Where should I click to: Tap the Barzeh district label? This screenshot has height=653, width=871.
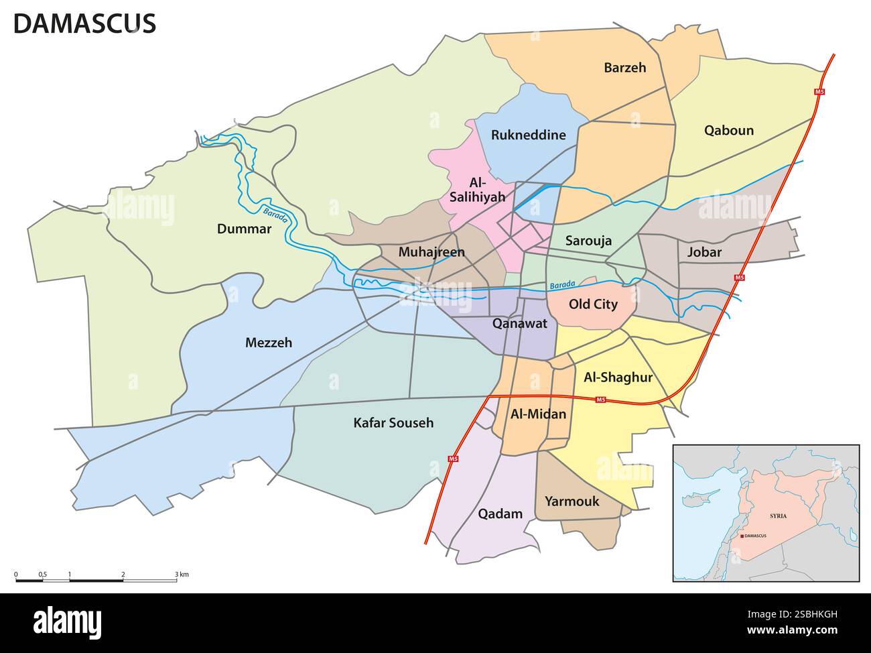pos(624,67)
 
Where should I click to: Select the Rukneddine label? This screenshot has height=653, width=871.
pos(528,135)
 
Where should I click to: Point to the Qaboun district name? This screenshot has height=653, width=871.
pos(728,130)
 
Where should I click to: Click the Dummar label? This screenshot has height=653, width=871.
pos(244,229)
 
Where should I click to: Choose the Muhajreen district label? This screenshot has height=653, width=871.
pos(431,252)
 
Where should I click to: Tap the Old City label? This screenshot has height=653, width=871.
pos(592,304)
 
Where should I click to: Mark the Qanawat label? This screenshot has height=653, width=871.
pos(519,323)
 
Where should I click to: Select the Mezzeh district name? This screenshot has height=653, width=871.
pos(268,343)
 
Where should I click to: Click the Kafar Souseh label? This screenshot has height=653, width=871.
pos(393,422)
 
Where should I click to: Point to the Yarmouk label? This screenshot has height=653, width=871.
pos(572,501)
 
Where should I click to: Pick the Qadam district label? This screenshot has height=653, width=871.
pos(500,514)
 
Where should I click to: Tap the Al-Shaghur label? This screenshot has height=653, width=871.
pos(618,377)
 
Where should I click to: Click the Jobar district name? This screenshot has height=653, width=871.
pos(704,252)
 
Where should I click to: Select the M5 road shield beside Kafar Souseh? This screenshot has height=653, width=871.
pos(454,459)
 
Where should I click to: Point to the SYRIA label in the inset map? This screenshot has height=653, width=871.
pos(778,516)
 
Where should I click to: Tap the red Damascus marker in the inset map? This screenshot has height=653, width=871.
pos(742,536)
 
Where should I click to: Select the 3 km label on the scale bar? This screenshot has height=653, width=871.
pos(182,575)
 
